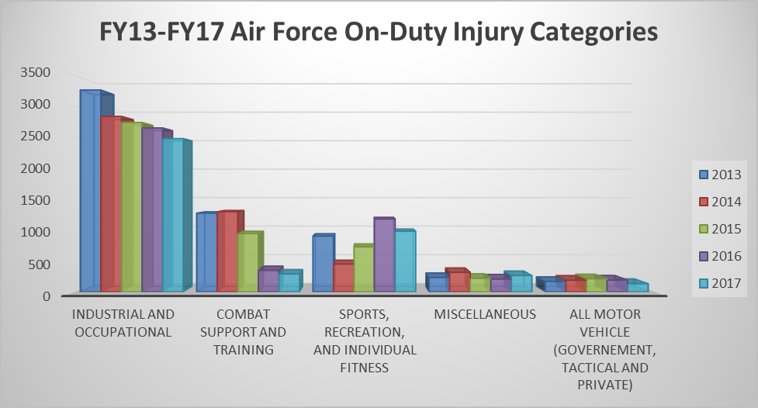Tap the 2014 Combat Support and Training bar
[x=227, y=252]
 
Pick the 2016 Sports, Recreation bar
[x=384, y=255]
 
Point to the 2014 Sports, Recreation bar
[x=343, y=278]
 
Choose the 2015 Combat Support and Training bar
[x=247, y=262]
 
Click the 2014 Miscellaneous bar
[x=459, y=282]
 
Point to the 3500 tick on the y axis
[x=34, y=72]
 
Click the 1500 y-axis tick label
[x=34, y=199]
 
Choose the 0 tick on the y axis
[x=46, y=296]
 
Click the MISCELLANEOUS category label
[x=485, y=314]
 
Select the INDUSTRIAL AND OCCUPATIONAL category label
[x=123, y=323]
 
